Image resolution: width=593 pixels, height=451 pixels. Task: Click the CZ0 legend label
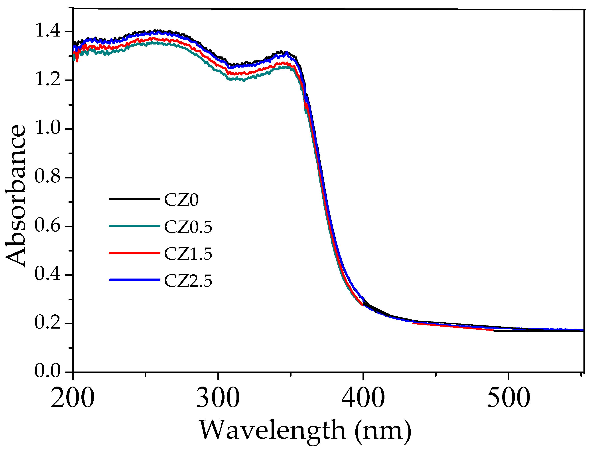coord(181,200)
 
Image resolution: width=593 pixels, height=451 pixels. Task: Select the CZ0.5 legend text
coord(188,227)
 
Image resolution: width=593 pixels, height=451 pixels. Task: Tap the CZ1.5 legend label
coord(188,254)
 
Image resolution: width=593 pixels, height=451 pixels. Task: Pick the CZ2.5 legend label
coord(188,281)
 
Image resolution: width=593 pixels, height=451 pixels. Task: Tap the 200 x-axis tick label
coord(73,398)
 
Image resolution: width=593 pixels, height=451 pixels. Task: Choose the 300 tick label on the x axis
coord(218,398)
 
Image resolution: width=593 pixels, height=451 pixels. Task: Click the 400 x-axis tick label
coord(363,398)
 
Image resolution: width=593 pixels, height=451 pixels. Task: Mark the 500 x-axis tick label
coord(508,398)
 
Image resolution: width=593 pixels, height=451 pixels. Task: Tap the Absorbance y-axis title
coord(16,196)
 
